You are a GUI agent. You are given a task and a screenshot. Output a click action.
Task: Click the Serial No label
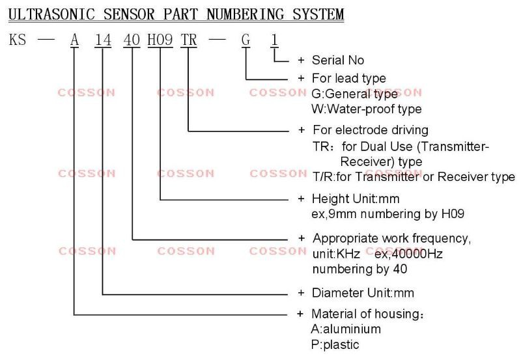coord(338,61)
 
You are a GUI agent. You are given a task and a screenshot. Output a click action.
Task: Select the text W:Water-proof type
coord(367,109)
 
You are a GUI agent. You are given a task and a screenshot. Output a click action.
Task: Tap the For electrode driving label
coord(371,130)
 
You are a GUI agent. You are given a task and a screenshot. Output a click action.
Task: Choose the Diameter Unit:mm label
coord(363,293)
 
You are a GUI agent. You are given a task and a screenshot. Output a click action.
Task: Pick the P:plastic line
coord(335,345)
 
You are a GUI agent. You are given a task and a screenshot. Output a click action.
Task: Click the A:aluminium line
coord(346,329)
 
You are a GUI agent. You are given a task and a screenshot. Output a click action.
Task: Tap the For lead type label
coord(349,78)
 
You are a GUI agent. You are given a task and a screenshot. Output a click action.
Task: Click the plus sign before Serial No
coord(301,61)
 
